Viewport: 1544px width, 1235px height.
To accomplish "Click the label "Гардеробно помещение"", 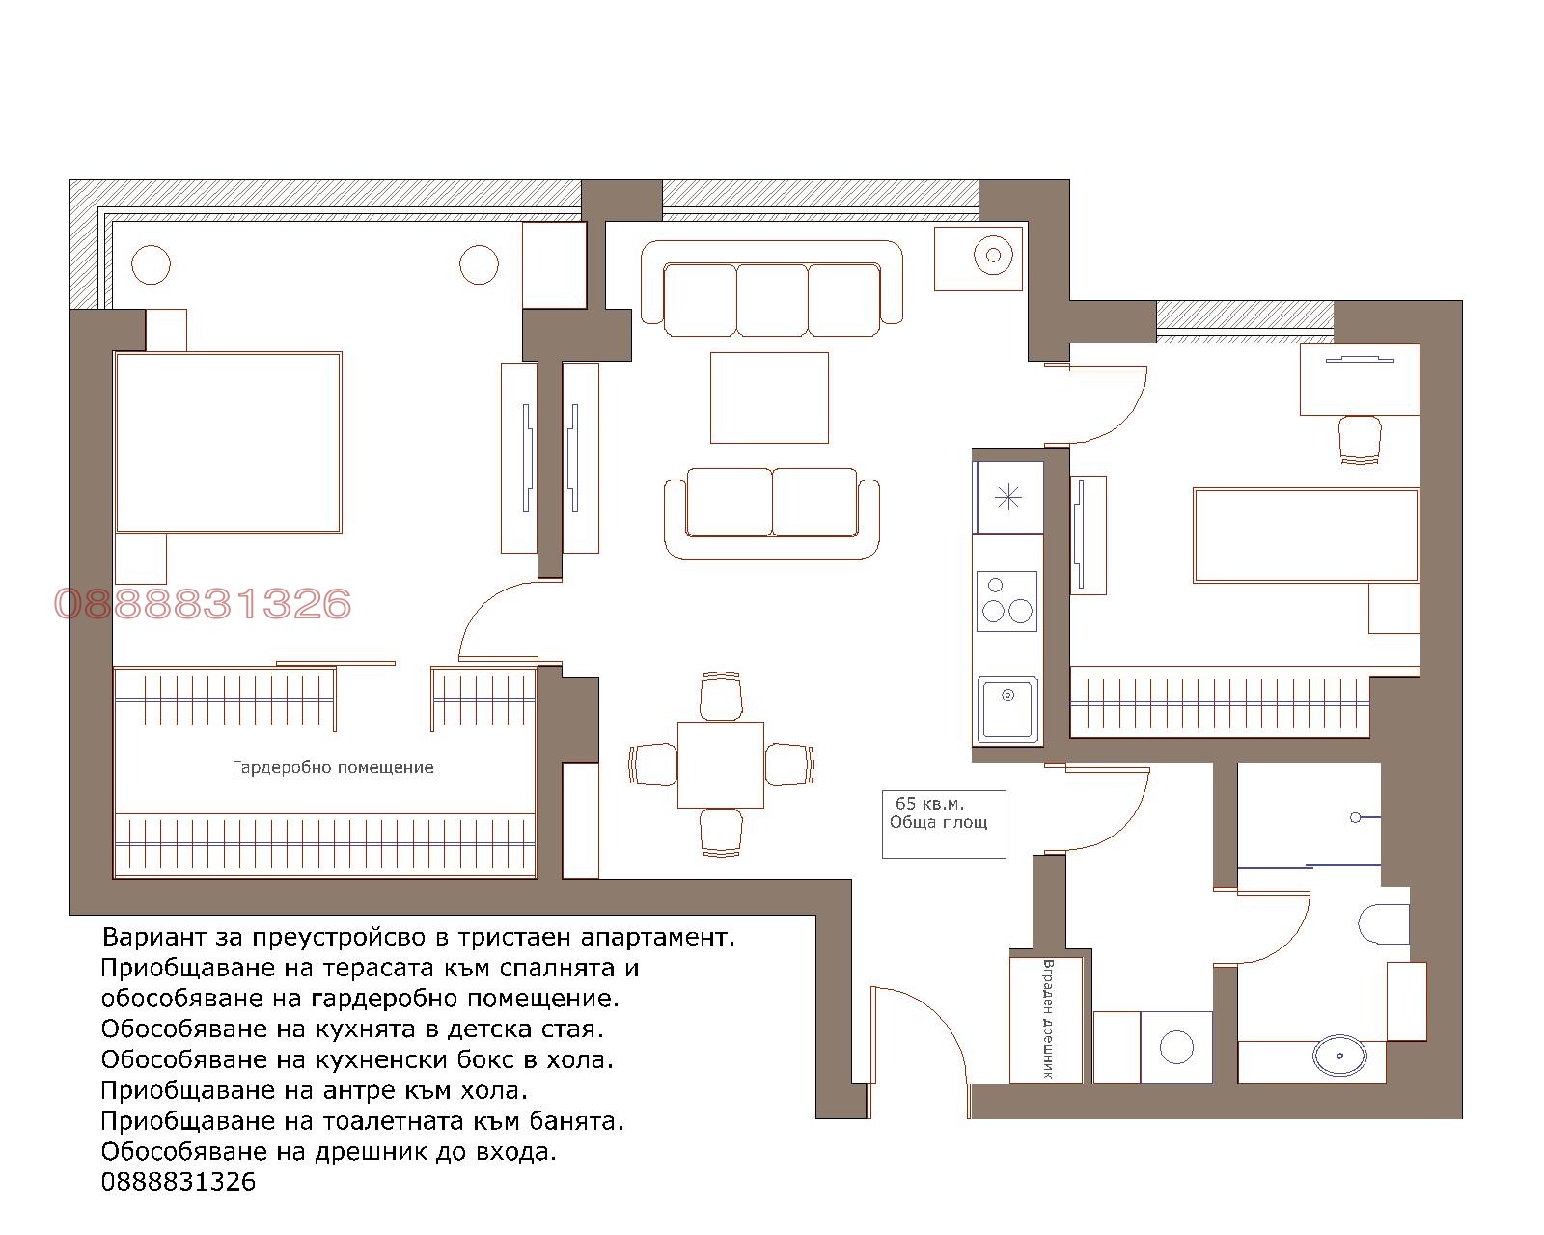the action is (x=333, y=767).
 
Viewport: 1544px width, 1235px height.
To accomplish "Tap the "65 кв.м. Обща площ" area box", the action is (x=944, y=824).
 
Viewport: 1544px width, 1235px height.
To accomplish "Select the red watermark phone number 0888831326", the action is (x=203, y=603).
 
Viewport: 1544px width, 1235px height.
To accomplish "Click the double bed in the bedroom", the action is (x=228, y=442).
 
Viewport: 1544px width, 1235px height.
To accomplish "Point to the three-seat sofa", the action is (x=771, y=288).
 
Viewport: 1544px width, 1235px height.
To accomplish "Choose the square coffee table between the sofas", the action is (x=769, y=398).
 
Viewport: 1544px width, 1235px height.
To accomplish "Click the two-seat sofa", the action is (x=771, y=512).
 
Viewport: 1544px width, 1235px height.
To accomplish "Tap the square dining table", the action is (x=720, y=765).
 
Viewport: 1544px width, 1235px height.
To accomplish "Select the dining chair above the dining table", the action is (x=720, y=696).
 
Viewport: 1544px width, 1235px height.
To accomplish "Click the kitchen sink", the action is (x=1007, y=710).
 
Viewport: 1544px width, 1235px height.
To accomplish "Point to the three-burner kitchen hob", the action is (x=1006, y=601).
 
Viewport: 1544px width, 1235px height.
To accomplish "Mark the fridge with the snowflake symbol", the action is (x=1008, y=497).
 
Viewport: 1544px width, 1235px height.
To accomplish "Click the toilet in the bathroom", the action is (x=1384, y=923).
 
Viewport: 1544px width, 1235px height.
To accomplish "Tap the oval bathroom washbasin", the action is (x=1339, y=1056).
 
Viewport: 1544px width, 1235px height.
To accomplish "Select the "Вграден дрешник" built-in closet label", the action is (x=1048, y=1018).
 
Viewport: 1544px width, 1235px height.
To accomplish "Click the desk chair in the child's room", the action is (x=1360, y=440).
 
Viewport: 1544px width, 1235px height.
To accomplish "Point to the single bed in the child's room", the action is (x=1306, y=535).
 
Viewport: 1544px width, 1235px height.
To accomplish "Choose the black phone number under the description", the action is (x=178, y=1182).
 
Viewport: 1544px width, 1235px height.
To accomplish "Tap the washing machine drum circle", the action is (x=1176, y=1046).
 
